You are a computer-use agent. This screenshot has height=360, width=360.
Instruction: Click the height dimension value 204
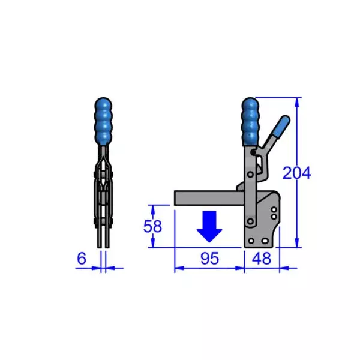tap(296, 173)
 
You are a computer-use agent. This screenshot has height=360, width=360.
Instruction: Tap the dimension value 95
tap(209, 259)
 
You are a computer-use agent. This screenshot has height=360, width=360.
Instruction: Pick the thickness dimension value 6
tap(81, 259)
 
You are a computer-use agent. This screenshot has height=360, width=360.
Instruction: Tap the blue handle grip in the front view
tap(103, 119)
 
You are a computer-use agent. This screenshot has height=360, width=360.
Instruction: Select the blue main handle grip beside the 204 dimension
tap(250, 122)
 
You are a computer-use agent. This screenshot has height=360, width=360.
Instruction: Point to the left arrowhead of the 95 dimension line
tap(177, 268)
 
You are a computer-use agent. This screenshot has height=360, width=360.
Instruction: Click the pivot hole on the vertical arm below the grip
tap(250, 174)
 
